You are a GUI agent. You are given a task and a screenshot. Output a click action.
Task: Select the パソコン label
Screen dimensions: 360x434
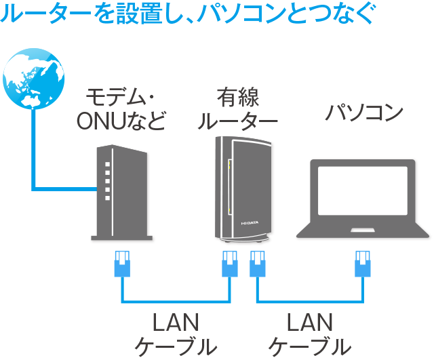363,112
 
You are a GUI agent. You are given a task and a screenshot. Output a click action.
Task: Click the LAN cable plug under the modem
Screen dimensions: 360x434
122,264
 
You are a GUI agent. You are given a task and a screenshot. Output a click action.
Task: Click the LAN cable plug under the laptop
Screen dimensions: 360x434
363,264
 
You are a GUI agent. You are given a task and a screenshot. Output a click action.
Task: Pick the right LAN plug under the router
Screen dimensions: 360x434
257,264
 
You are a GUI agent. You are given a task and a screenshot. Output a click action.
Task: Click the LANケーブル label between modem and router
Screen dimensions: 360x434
176,334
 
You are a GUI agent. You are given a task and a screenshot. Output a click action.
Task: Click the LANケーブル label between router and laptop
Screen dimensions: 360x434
310,334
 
